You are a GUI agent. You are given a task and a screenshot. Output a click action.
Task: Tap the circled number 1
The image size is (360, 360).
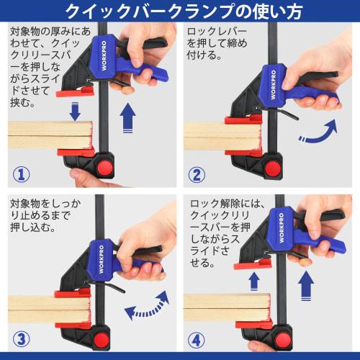(x=22, y=174)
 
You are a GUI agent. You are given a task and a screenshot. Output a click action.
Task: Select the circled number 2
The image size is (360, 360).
(x=197, y=174)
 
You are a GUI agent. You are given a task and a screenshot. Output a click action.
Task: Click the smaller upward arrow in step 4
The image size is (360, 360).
(x=254, y=281)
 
